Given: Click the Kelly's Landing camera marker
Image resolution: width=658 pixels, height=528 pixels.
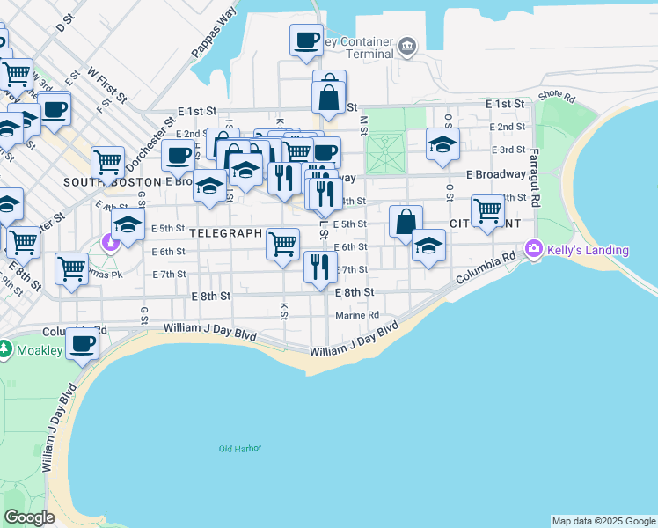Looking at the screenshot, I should [533, 250].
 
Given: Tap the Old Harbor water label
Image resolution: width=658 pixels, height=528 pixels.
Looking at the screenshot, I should [240, 449].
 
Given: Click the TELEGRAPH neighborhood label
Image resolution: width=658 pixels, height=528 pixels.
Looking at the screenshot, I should [226, 234].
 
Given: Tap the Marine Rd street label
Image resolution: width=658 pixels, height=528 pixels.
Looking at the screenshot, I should [356, 315].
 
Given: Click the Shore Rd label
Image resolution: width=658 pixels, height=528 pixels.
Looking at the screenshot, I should [556, 94].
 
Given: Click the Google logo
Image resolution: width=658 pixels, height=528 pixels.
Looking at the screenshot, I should [29, 517].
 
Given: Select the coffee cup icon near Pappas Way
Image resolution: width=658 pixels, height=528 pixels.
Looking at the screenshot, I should [306, 40].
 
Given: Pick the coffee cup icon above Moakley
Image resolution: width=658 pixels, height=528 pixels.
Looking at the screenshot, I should [83, 343].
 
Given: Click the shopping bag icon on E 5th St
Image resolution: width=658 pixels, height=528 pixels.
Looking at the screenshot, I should [406, 222].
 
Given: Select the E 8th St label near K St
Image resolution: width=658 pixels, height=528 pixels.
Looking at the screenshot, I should [211, 297].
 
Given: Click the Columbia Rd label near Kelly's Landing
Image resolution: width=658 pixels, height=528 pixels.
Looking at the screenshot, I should [485, 269].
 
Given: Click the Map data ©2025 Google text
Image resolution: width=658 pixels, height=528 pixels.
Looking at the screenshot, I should [603, 521].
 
